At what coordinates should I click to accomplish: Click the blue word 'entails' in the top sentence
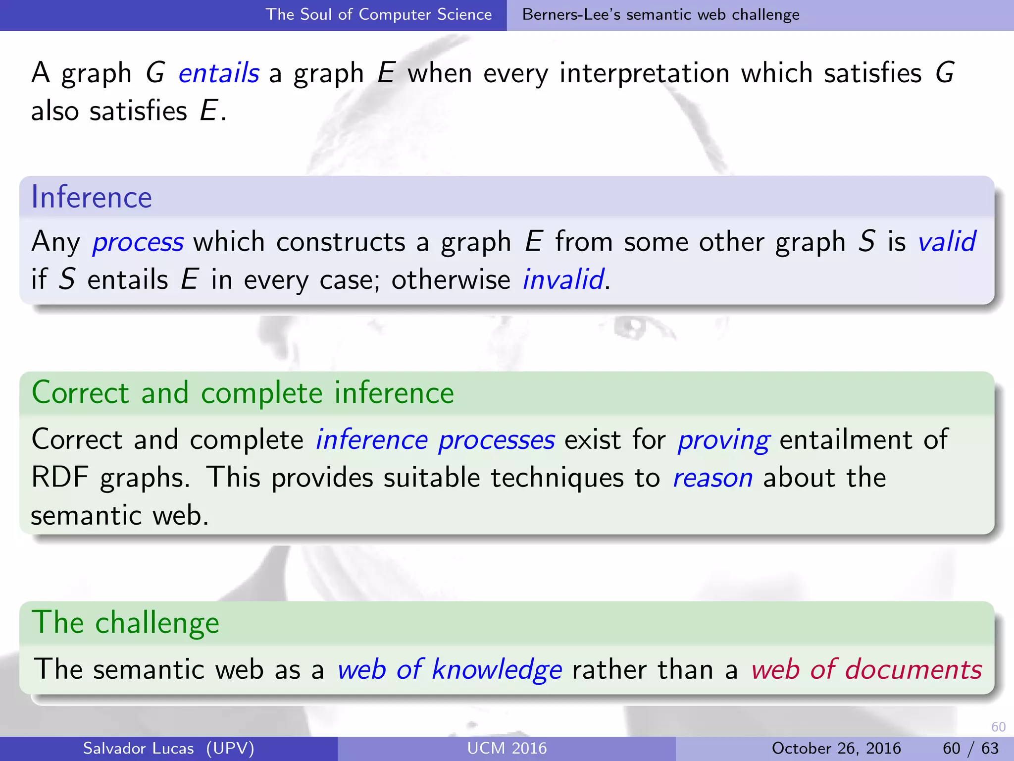coord(218,73)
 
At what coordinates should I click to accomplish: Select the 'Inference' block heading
coord(92,197)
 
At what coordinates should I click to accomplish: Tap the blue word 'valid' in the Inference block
coord(947,242)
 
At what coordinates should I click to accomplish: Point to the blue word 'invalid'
coord(563,279)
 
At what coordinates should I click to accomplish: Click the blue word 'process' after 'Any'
coord(138,242)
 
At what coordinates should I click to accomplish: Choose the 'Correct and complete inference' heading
coord(243,393)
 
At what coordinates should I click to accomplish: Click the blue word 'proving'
coord(723,440)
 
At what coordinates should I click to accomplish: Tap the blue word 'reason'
coord(712,478)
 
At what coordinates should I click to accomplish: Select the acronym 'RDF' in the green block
coord(60,478)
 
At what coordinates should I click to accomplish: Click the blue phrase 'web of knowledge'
coord(450,670)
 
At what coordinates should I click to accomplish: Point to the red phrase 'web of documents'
coord(866,670)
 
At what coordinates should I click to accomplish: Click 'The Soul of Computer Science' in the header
coord(379,14)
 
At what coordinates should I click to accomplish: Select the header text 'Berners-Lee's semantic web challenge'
coord(660,14)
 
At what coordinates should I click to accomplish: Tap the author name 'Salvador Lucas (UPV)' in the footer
coord(168,748)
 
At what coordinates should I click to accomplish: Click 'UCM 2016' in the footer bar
coord(507,748)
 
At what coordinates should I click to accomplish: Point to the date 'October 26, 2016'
coord(836,748)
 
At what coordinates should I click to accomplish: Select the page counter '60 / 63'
coord(970,748)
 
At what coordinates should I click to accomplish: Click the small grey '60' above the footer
coord(998,727)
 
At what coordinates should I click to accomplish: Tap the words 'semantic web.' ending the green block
coord(120,516)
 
